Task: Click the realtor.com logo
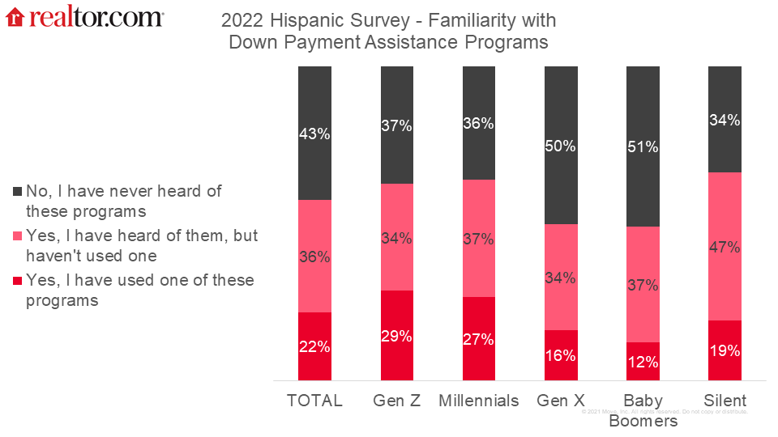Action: (84, 17)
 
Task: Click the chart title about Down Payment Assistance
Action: (389, 31)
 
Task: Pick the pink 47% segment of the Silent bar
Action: (725, 246)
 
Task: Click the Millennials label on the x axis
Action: (479, 401)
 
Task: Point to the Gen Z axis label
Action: (397, 401)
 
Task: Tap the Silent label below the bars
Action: (725, 401)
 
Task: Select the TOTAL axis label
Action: (314, 401)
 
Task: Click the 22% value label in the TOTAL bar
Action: (314, 346)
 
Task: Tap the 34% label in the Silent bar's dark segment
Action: (725, 121)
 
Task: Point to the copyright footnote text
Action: (665, 412)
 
